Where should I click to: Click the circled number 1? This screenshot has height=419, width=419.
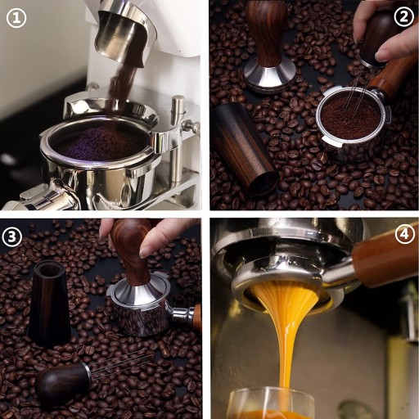click(x=16, y=18)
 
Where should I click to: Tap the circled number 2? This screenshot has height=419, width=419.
click(x=404, y=16)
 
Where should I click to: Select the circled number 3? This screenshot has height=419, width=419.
click(x=12, y=237)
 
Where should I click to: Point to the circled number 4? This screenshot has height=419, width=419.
click(x=405, y=233)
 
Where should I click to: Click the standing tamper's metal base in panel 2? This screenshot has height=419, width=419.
click(x=269, y=77)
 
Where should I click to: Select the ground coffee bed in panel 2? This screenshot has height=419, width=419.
click(x=351, y=116)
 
